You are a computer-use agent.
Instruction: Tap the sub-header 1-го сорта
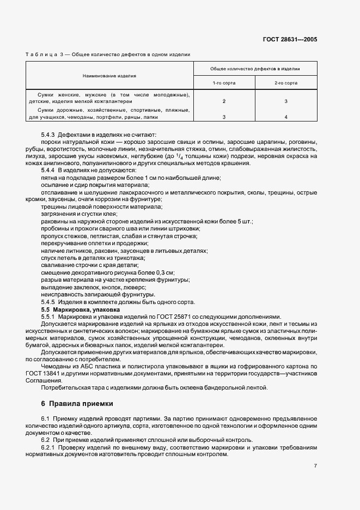[224, 83]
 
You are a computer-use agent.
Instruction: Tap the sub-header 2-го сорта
[285, 83]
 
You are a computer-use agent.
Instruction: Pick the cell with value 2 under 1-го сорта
[224, 101]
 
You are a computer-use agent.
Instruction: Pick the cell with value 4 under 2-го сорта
[285, 117]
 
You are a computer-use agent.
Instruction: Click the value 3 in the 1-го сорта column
[224, 117]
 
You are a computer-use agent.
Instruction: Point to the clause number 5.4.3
[49, 135]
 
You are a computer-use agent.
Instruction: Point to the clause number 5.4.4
[49, 171]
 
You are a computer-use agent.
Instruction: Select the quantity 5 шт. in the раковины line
[243, 221]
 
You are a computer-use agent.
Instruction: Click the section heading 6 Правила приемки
[77, 404]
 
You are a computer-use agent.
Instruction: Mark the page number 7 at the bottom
[315, 466]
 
